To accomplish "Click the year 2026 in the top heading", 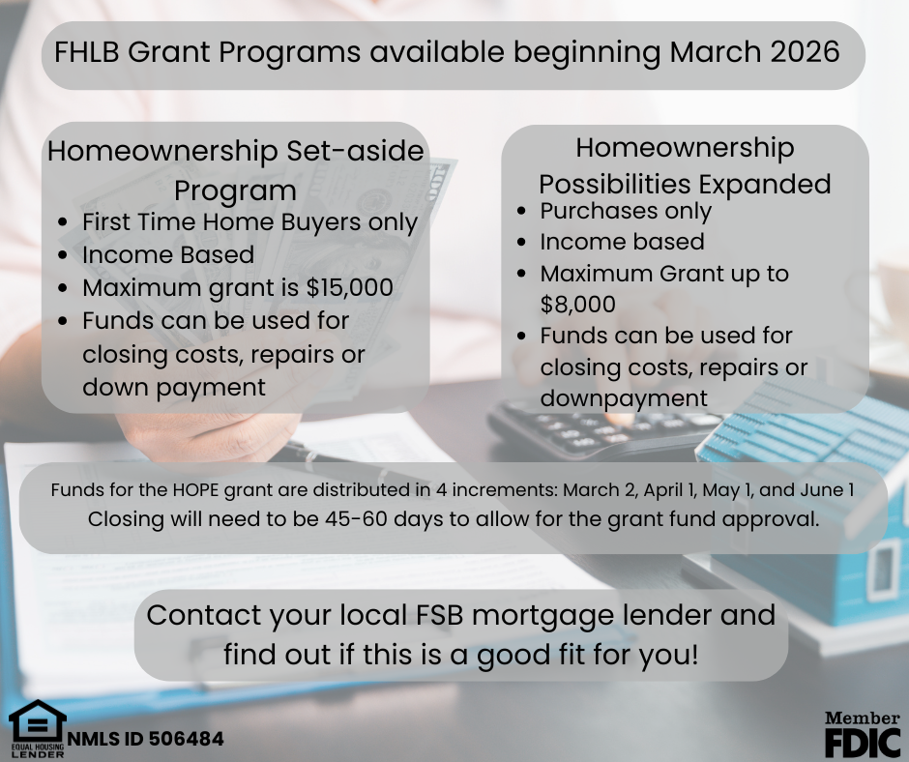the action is point(805,51).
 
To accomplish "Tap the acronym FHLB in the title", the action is point(86,51).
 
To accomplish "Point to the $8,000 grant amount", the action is point(577,304).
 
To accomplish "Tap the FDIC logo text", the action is point(862,742).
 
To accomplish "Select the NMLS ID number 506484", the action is point(186,739).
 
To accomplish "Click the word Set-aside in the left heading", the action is point(355,151).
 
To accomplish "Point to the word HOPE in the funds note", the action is point(195,490).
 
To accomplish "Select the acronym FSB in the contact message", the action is point(439,615).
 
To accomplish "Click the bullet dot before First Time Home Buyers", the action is point(63,222).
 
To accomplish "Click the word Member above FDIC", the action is point(862,718).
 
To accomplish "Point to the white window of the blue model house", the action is point(885,570).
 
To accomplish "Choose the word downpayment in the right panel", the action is point(624,398).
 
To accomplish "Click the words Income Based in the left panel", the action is point(168,254).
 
